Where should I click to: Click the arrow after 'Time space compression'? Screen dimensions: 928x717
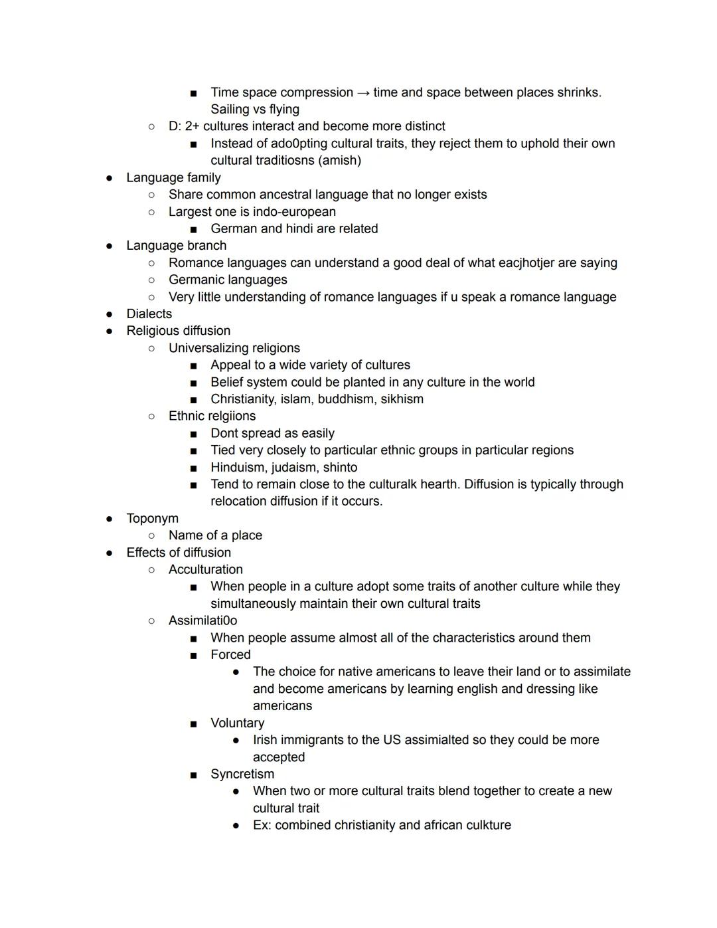[x=363, y=93]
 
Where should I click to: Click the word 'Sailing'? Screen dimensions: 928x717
[x=230, y=110]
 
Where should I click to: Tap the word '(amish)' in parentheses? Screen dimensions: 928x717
[x=340, y=161]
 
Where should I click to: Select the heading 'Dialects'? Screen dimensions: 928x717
[x=149, y=314]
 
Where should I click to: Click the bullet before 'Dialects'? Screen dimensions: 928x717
[x=109, y=314]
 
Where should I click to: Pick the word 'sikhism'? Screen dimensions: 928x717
[x=402, y=399]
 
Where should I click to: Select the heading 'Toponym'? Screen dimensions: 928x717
[x=152, y=519]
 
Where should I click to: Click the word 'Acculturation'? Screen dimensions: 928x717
[x=206, y=570]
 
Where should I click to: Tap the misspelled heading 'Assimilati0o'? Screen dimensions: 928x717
[x=202, y=621]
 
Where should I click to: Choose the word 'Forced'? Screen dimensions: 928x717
[x=230, y=655]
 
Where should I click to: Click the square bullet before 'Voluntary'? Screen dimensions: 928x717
[x=193, y=724]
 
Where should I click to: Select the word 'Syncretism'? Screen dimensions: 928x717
[x=242, y=775]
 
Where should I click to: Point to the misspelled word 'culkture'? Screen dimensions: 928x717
[x=485, y=826]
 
